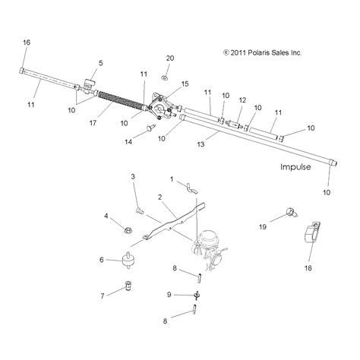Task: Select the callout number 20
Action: click(169, 58)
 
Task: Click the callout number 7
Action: click(102, 295)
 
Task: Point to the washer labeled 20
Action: click(165, 77)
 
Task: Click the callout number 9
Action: click(169, 293)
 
